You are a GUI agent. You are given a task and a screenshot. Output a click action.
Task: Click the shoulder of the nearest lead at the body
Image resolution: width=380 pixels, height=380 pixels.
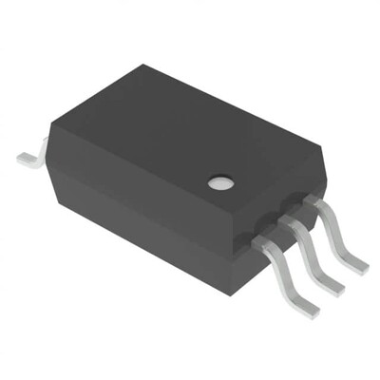[x=263, y=246]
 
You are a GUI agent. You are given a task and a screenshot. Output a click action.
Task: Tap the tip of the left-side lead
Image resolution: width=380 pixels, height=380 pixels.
[x=22, y=155]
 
